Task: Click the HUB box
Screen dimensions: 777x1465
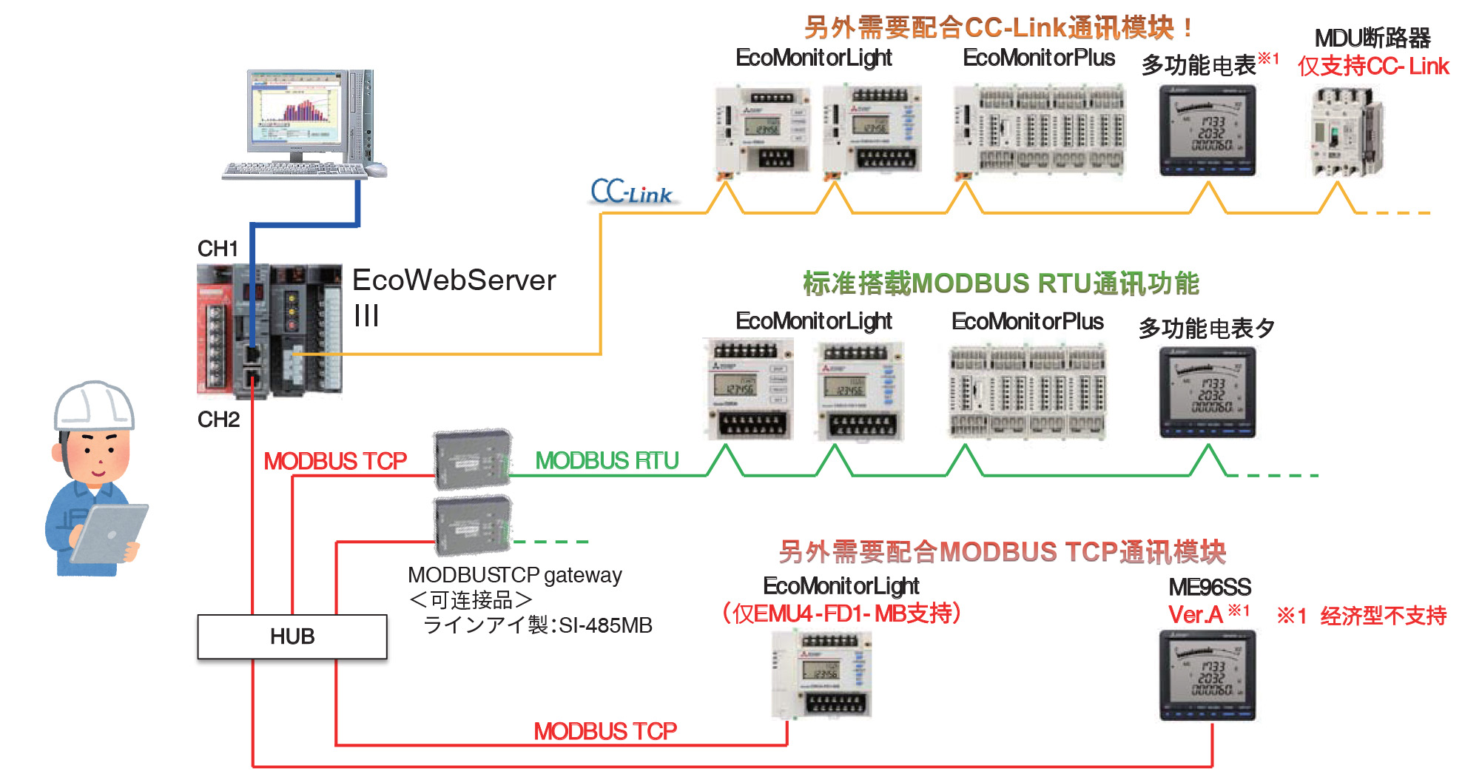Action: point(292,636)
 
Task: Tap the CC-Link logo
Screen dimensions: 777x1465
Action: point(631,192)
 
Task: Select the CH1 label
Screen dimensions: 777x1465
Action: point(218,249)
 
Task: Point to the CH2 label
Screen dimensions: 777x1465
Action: point(218,420)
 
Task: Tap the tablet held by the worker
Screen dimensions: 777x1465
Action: point(110,533)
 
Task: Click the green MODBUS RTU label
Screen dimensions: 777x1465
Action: point(607,460)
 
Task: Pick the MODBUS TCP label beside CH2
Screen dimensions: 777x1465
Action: point(335,461)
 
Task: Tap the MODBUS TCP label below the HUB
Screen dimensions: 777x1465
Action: point(605,731)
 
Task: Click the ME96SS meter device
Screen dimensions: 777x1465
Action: point(1208,675)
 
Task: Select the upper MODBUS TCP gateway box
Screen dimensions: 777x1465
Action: point(472,460)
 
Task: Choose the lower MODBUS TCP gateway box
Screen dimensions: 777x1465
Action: point(472,525)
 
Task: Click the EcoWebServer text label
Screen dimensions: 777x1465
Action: point(454,281)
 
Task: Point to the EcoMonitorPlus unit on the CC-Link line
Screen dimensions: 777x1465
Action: point(1040,130)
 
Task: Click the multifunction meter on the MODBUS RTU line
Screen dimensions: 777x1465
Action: point(1208,392)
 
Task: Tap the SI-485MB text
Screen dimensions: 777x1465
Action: point(605,626)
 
